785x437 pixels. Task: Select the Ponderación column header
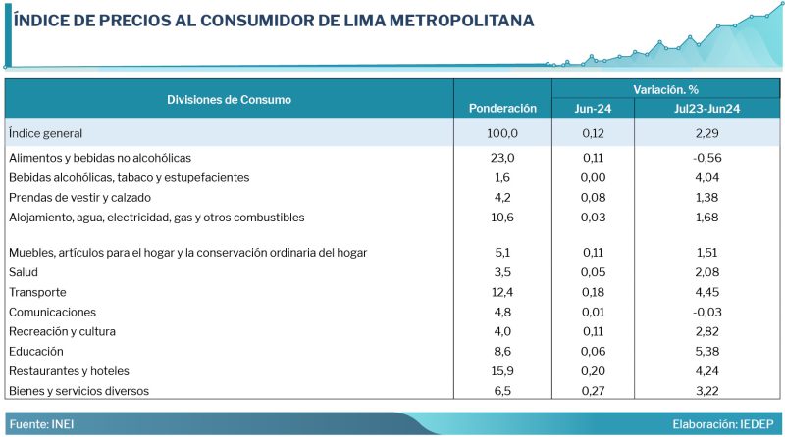(x=502, y=108)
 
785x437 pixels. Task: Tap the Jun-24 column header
(x=593, y=108)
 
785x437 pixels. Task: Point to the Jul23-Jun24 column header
(x=706, y=108)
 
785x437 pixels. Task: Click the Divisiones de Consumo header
(x=229, y=99)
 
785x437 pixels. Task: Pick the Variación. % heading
(x=665, y=89)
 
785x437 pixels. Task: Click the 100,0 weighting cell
(x=502, y=133)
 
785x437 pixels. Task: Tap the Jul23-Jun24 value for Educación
(x=706, y=351)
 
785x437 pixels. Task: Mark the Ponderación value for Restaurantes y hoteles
(x=502, y=371)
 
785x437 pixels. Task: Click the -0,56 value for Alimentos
(x=706, y=158)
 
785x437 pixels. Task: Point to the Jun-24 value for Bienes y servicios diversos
(x=593, y=391)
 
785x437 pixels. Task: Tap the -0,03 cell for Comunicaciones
(x=706, y=312)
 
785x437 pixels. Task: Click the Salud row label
(x=23, y=272)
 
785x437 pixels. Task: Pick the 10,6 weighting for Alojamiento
(x=502, y=217)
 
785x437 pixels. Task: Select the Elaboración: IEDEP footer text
(x=725, y=424)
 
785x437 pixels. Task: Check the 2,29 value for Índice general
(x=706, y=133)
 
